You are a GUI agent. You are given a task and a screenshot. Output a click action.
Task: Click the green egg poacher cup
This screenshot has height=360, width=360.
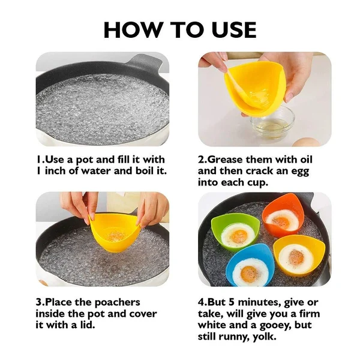235,230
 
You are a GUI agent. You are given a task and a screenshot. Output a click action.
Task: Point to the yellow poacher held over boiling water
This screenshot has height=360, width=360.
115,230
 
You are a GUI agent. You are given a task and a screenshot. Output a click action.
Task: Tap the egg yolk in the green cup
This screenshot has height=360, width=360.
239,236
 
